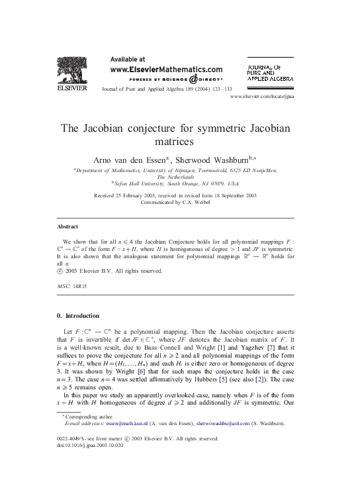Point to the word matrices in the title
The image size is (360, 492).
179,141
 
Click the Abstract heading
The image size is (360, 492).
68,226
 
